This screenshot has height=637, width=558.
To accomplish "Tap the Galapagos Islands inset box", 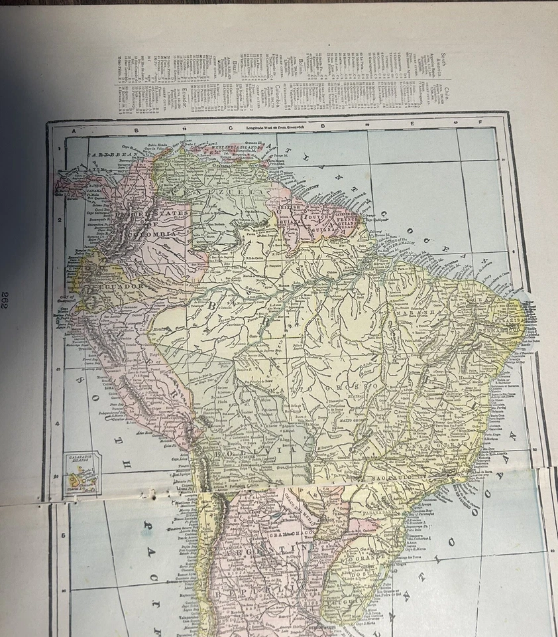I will (84, 472).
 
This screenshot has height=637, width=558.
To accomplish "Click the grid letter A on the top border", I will (74, 131).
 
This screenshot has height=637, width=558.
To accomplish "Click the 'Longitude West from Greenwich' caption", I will (272, 125).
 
